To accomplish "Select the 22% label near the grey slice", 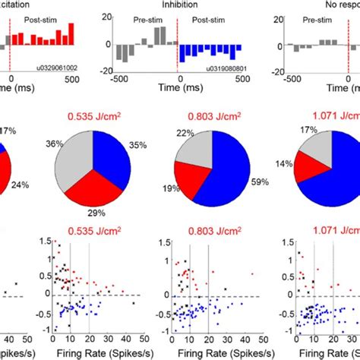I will (185, 134).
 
